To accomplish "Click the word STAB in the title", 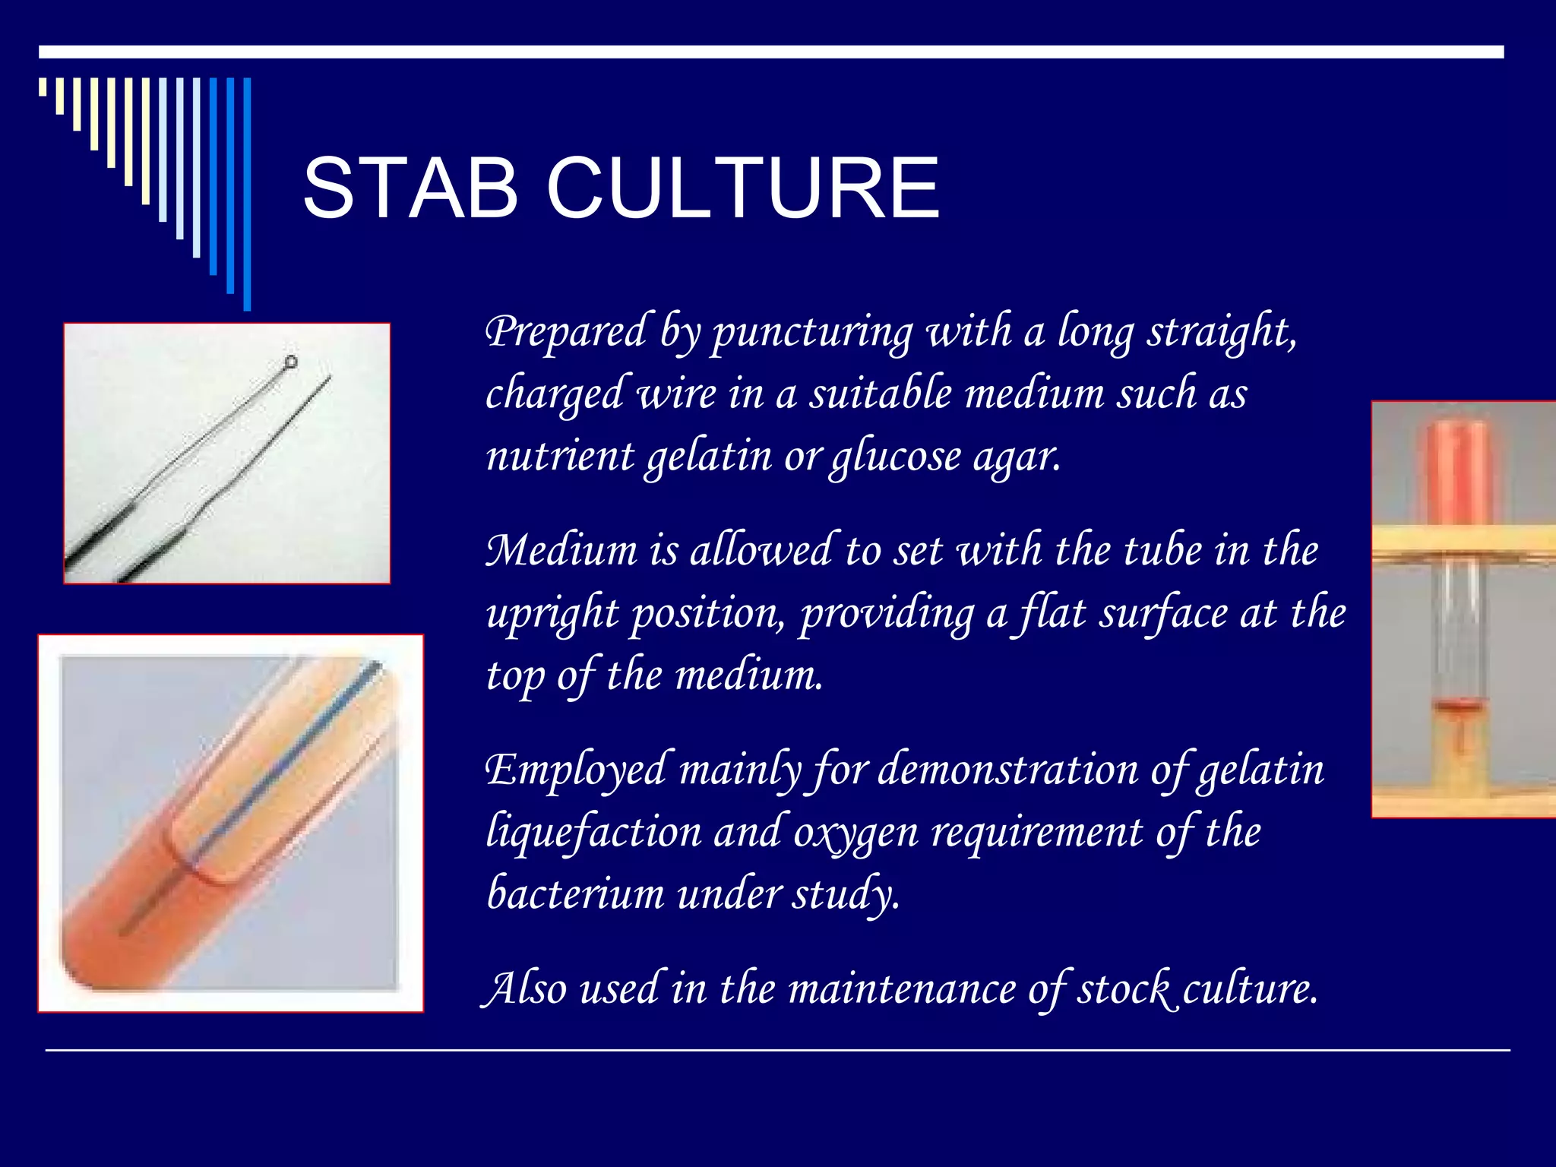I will click(410, 188).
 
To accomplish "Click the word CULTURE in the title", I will click(742, 188).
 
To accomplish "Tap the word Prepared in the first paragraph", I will click(565, 332).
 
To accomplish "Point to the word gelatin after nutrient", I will click(710, 457).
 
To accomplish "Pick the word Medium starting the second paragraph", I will click(561, 550).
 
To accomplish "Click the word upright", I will click(552, 614).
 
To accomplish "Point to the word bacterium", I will click(575, 893).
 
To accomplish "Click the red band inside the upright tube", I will click(1458, 707).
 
